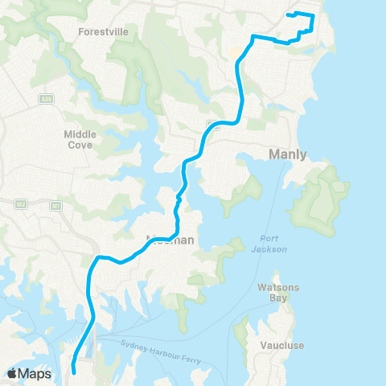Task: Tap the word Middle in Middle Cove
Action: [80, 135]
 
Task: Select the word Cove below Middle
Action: [80, 146]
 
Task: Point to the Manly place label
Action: [288, 154]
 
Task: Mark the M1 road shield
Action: [55, 206]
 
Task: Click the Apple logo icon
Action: [12, 373]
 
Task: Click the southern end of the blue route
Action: [74, 371]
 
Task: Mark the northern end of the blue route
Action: [288, 15]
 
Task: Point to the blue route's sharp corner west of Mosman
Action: [98, 257]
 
